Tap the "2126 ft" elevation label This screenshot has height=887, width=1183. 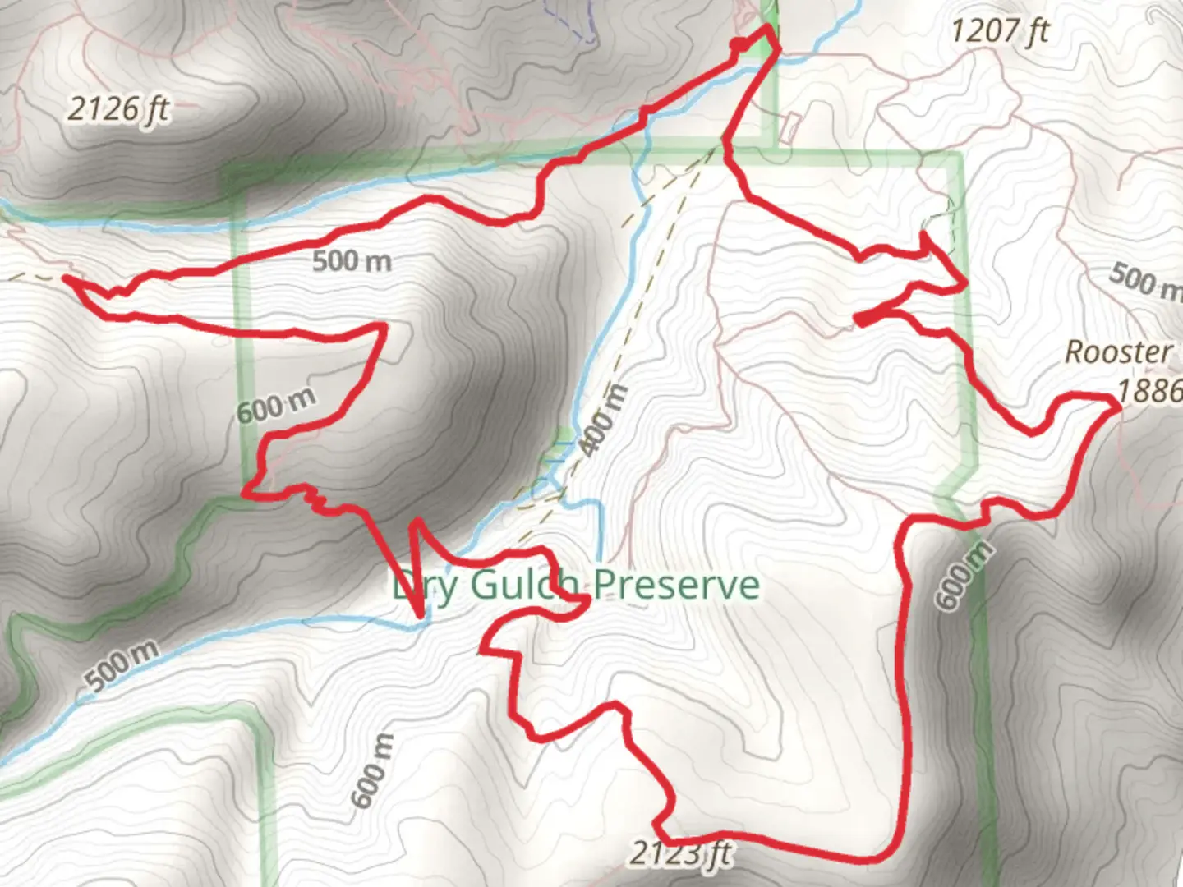coord(118,108)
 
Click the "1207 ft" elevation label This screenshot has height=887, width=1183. coord(1000,31)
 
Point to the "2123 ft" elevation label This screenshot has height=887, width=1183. coord(680,854)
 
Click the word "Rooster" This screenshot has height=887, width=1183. coord(1118,352)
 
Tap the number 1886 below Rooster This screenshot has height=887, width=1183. coord(1150,390)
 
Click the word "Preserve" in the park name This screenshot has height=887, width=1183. coord(676,585)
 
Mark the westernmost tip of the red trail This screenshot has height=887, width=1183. coord(66,279)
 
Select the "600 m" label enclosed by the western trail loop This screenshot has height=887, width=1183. coord(276,405)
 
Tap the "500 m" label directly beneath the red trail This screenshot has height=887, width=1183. coord(352,261)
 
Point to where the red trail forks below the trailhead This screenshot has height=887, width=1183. coord(725,145)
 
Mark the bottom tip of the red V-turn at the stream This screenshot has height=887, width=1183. coord(421,614)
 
